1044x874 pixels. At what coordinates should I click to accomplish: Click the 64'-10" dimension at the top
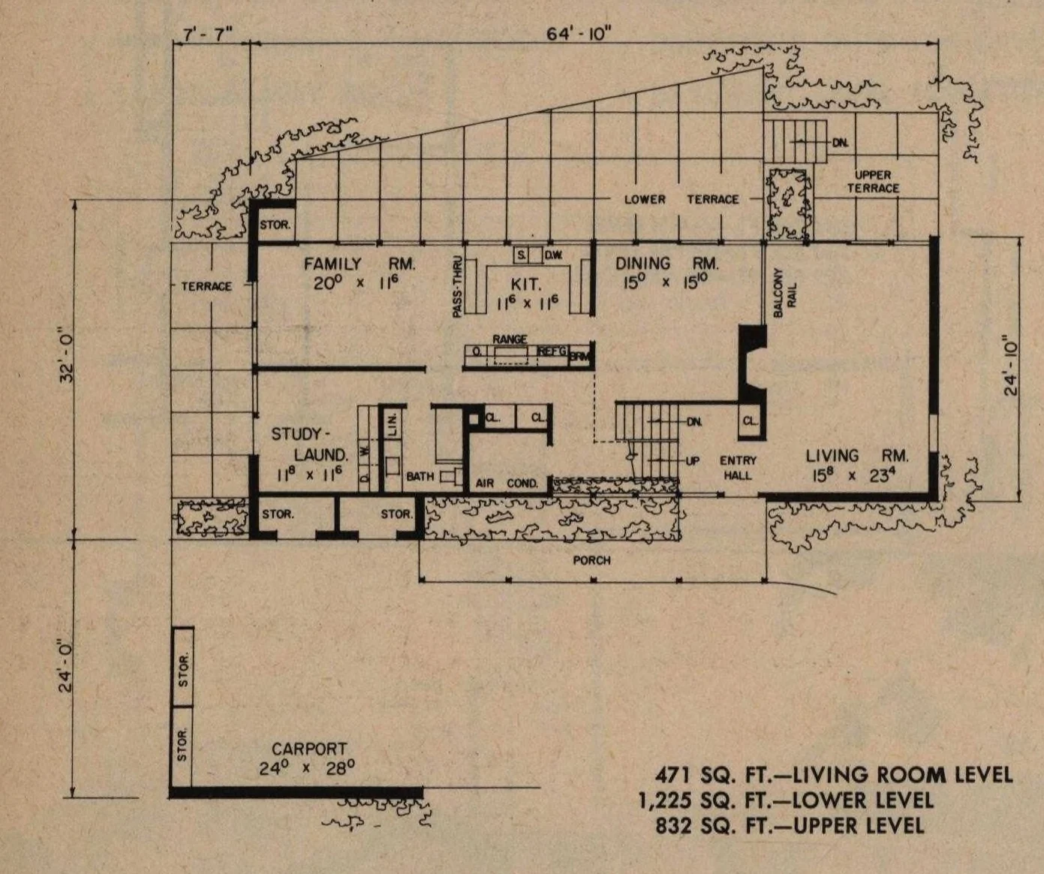578,34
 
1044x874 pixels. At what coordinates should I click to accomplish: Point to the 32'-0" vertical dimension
67,355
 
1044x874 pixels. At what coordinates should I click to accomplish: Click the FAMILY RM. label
360,264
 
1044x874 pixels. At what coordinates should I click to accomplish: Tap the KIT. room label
525,285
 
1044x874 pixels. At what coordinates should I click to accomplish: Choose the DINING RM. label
666,263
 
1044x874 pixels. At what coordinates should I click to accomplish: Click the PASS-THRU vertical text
456,287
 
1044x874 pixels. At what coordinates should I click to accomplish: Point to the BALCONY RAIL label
784,293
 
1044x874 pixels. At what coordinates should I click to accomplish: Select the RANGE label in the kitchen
510,339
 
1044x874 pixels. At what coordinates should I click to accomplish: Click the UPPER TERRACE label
873,182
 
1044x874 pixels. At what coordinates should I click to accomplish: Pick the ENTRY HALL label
738,467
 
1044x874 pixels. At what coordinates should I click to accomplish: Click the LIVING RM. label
857,456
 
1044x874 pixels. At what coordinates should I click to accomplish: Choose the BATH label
420,476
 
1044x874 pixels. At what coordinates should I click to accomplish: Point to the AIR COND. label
507,484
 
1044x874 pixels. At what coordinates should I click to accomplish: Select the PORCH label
591,560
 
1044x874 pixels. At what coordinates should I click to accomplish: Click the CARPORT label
309,749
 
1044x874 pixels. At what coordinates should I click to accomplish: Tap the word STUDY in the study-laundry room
296,434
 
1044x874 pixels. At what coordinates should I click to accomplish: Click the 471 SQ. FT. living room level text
834,774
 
